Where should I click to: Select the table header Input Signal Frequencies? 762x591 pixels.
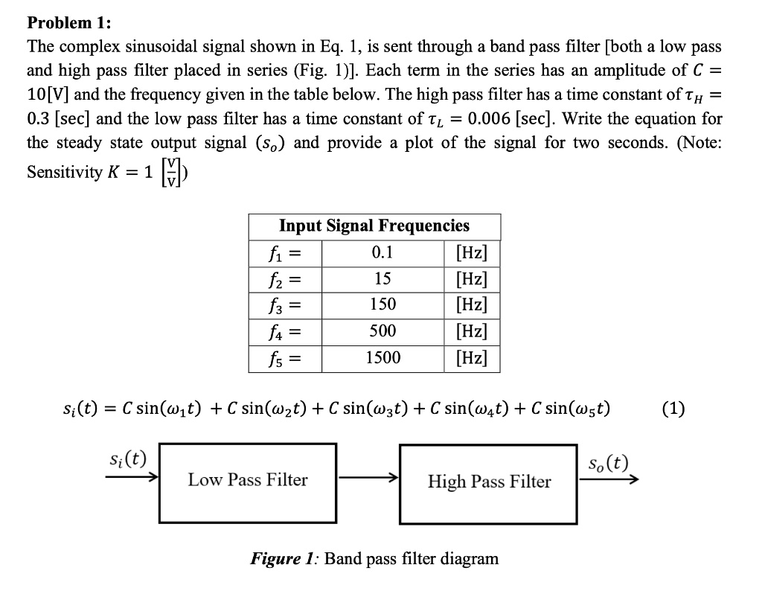(374, 226)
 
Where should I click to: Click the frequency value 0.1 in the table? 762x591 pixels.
(382, 252)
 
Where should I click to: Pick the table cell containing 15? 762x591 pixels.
(382, 278)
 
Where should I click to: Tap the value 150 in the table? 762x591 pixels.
(382, 304)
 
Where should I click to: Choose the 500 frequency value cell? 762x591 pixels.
(382, 331)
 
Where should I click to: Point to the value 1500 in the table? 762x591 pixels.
(382, 357)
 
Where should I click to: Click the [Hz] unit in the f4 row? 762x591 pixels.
(470, 331)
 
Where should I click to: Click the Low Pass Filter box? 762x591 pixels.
(247, 481)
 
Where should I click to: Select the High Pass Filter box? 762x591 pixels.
(489, 482)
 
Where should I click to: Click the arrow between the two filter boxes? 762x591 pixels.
(368, 481)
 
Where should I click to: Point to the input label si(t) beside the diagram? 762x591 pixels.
(127, 459)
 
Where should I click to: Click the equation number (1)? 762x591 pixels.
(673, 409)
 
